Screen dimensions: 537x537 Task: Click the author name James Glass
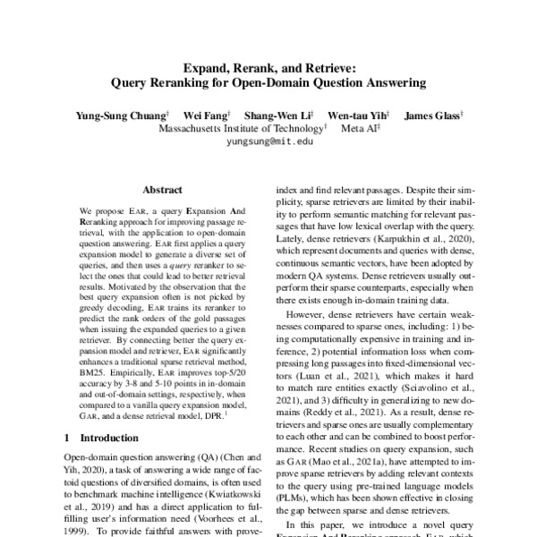click(x=431, y=115)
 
